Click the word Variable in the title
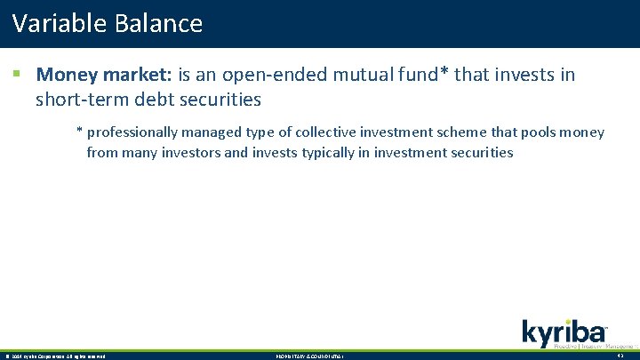(x=60, y=23)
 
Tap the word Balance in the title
(x=158, y=23)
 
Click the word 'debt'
(x=158, y=99)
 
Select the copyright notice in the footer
(x=55, y=356)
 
